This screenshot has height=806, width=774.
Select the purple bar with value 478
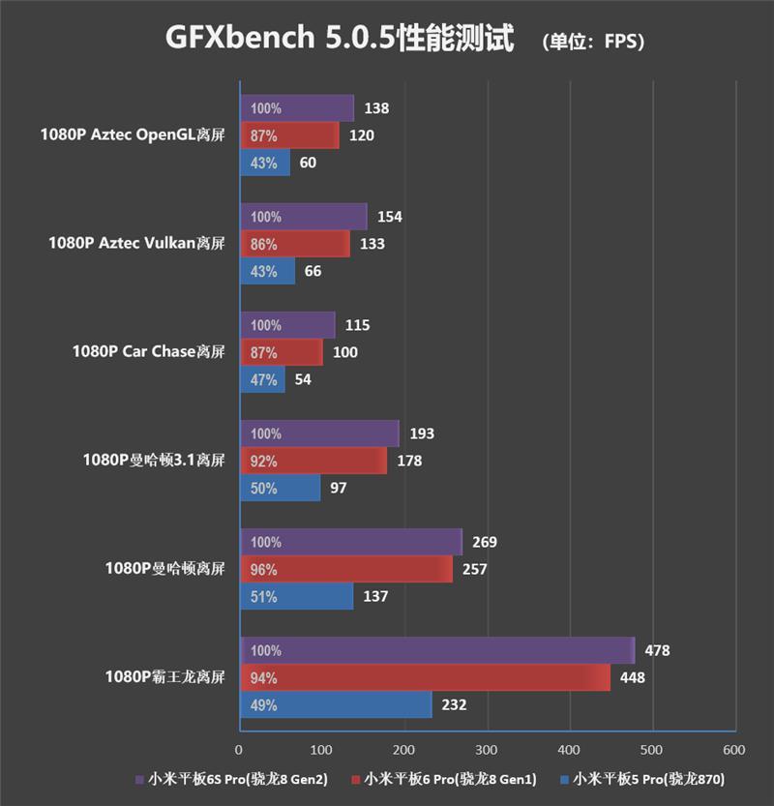click(436, 650)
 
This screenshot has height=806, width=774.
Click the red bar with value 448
click(424, 677)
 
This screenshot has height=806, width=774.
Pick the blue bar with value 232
click(335, 704)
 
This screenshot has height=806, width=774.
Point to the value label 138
click(375, 108)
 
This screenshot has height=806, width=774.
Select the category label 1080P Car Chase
click(148, 352)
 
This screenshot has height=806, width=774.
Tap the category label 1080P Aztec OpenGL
click(133, 135)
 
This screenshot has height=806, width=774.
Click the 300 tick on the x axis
click(487, 750)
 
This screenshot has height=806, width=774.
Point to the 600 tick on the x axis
click(734, 750)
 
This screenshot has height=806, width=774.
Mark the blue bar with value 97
click(280, 488)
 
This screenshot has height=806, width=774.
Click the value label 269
click(484, 542)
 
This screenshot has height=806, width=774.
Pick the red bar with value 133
click(294, 244)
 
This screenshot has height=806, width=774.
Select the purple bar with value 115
click(286, 325)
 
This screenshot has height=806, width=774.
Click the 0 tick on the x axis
click(239, 750)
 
